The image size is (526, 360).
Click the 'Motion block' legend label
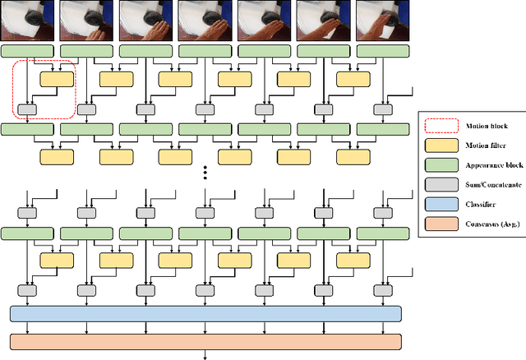(x=480, y=127)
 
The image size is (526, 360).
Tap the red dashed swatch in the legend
(x=439, y=127)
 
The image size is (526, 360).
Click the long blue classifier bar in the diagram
(x=205, y=313)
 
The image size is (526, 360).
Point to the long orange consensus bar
(x=205, y=341)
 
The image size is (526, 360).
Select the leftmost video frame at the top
(x=27, y=21)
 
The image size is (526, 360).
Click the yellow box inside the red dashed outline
(x=57, y=79)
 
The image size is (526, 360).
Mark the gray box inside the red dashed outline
(x=28, y=108)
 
